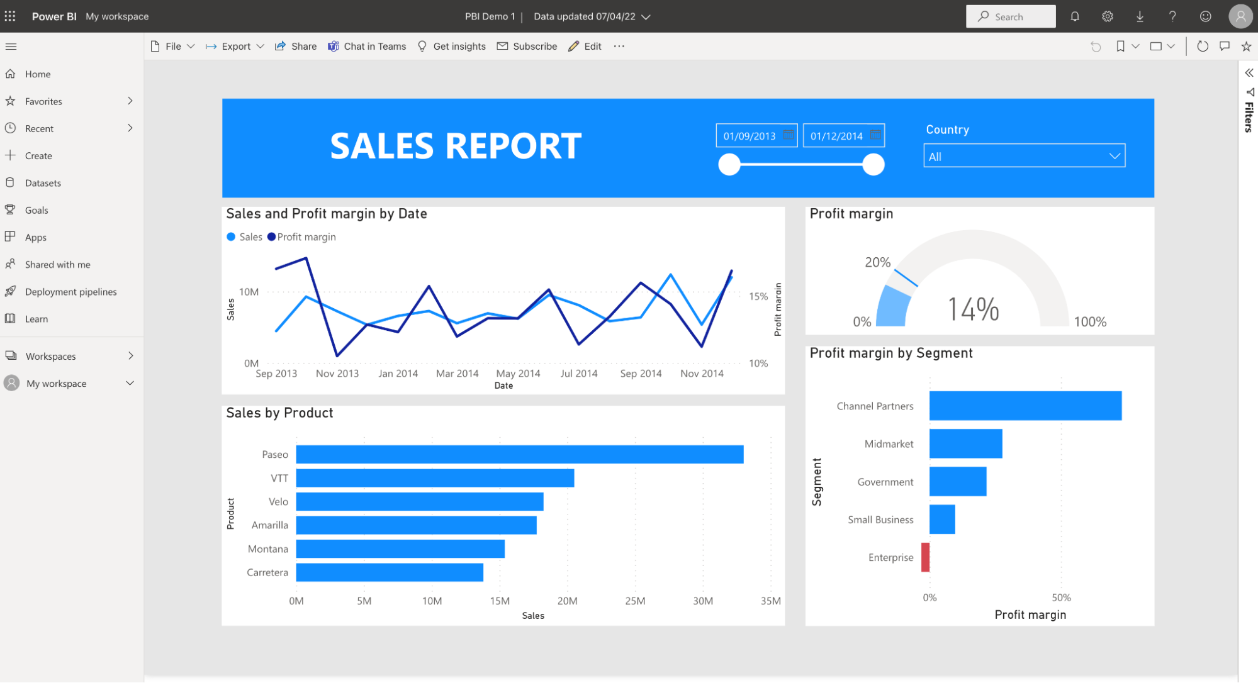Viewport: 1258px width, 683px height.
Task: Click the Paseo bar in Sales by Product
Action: (519, 454)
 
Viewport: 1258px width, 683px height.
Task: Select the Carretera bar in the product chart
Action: (390, 572)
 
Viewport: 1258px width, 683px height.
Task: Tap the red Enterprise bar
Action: (925, 557)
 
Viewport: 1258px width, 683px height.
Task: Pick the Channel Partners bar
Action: (1025, 406)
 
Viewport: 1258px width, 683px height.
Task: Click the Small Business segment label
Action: (880, 519)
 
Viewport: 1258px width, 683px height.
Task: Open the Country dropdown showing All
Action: (1024, 156)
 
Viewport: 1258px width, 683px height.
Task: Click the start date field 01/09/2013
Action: (750, 136)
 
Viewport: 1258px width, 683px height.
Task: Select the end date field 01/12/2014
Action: (836, 136)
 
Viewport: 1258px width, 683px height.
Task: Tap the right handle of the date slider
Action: (873, 165)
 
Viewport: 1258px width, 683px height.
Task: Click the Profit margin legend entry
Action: (306, 237)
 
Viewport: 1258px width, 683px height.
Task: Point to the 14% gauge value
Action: (973, 309)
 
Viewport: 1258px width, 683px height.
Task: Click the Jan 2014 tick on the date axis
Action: (398, 374)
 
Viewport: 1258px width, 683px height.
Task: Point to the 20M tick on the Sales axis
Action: (567, 601)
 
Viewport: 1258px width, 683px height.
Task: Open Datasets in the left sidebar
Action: (43, 183)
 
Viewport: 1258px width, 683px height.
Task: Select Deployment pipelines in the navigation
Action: (70, 292)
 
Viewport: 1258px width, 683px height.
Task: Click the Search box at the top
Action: (1011, 17)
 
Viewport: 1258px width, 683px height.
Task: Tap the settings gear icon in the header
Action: (1108, 17)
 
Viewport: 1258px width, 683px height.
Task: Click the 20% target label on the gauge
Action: (877, 262)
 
